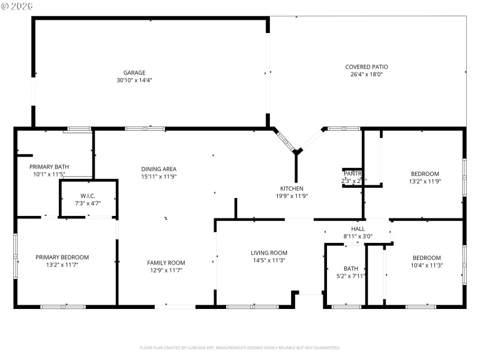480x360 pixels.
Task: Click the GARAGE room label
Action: [x=134, y=73]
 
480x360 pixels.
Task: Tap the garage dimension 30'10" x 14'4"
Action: [x=134, y=80]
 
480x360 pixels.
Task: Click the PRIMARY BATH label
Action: [x=50, y=167]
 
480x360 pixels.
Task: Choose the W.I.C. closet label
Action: [x=88, y=196]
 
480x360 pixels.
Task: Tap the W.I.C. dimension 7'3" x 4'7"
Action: [x=88, y=203]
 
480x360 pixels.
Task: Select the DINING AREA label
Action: [x=158, y=169]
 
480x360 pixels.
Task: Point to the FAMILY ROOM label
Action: [x=166, y=263]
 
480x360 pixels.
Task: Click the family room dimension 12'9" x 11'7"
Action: [x=166, y=271]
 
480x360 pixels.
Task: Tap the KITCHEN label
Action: [x=292, y=188]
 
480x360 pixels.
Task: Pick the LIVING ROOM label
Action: [x=269, y=253]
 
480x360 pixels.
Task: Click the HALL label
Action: [x=358, y=229]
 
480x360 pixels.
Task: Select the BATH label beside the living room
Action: [x=351, y=268]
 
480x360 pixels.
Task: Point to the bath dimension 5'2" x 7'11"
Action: [x=351, y=276]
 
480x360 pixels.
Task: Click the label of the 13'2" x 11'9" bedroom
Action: [x=425, y=173]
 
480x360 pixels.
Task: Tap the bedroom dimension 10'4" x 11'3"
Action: [x=427, y=265]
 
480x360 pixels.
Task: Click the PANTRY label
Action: [x=352, y=173]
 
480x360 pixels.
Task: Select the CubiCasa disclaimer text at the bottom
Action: [x=240, y=347]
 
